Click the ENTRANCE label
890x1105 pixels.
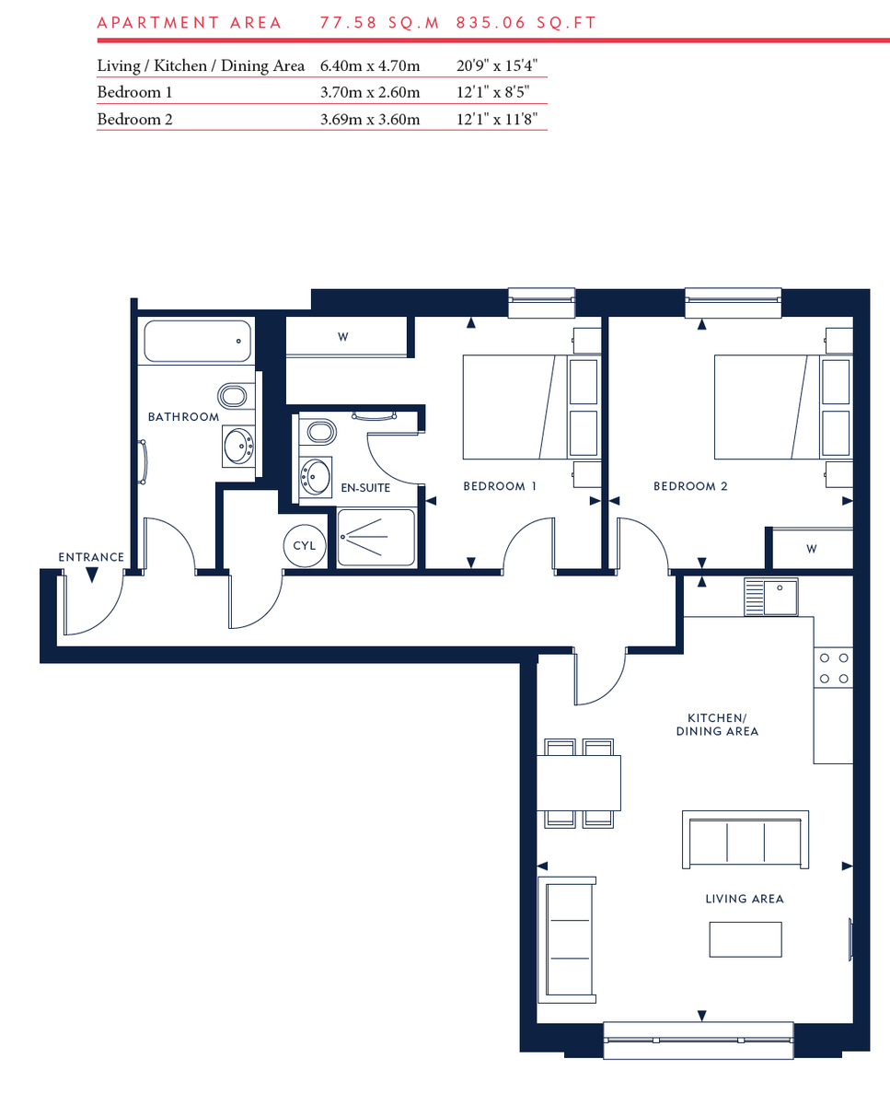pyautogui.click(x=91, y=557)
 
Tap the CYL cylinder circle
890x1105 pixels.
pyautogui.click(x=305, y=545)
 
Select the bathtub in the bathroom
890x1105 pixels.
pyautogui.click(x=198, y=342)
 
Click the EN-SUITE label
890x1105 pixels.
pyautogui.click(x=366, y=488)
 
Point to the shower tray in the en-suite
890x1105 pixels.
pyautogui.click(x=376, y=538)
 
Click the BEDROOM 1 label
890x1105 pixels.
pyautogui.click(x=500, y=486)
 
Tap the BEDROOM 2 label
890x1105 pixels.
pyautogui.click(x=690, y=486)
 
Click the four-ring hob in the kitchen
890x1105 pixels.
pyautogui.click(x=834, y=669)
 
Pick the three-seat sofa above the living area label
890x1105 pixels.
pyautogui.click(x=745, y=840)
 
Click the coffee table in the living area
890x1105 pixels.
pyautogui.click(x=745, y=939)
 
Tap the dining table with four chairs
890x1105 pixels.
pyautogui.click(x=580, y=782)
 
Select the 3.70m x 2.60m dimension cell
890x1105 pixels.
pyautogui.click(x=370, y=92)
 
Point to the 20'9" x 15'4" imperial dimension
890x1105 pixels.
pyautogui.click(x=496, y=66)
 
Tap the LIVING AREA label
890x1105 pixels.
pyautogui.click(x=745, y=899)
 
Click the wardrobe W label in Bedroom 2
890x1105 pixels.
pyautogui.click(x=811, y=550)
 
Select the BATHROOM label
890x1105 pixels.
pyautogui.click(x=184, y=417)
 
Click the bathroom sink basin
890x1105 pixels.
pyautogui.click(x=240, y=447)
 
